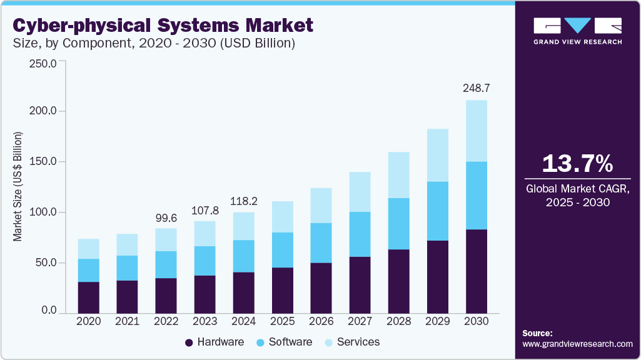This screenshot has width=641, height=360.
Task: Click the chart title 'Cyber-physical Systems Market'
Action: pos(163,26)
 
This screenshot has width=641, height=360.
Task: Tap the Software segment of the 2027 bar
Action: pos(360,234)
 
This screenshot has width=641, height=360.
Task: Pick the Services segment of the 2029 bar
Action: pos(438,155)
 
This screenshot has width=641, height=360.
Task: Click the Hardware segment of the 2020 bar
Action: pos(88,297)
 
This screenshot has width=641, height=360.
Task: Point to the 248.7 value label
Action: pos(477,88)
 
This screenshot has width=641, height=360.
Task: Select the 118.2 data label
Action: pos(243,201)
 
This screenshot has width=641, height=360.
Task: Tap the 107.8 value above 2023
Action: pos(204,210)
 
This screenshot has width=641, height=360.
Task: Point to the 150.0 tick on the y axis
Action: pos(43,162)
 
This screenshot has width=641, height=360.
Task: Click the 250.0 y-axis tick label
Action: pos(43,63)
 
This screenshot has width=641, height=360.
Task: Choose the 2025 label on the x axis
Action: pos(282,321)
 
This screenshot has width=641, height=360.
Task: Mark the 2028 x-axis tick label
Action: pos(398,321)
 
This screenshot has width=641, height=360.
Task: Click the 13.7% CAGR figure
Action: pos(577,164)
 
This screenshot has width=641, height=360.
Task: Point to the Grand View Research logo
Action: pos(577,31)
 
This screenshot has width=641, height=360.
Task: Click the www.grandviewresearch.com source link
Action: pos(577,344)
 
